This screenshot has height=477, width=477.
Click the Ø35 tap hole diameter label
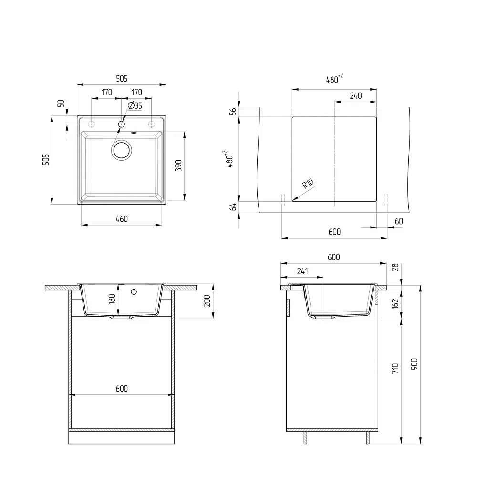point(135,105)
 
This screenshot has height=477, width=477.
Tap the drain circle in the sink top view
point(121,150)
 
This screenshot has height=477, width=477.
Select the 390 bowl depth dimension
point(178,166)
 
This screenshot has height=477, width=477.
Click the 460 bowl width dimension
point(122,219)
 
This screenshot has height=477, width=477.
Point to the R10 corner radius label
point(308,184)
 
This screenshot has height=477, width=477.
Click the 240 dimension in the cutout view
point(356,96)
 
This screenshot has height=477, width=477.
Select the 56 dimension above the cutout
point(233,112)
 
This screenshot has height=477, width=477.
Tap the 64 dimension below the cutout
point(233,207)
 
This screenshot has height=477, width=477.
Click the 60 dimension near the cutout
point(399,221)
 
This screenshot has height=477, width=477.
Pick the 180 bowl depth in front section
point(112,299)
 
